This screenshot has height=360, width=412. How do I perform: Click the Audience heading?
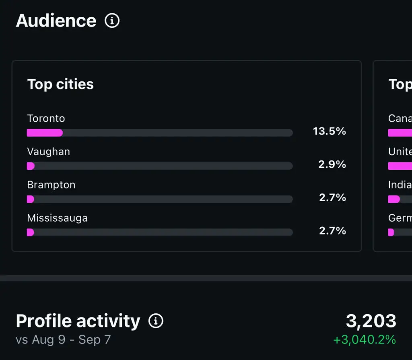pos(56,21)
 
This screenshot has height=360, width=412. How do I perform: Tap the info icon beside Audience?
pos(112,21)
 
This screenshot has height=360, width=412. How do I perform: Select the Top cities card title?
pos(60,84)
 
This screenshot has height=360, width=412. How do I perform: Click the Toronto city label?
pos(46,118)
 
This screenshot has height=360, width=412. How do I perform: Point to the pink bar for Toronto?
pos(45,133)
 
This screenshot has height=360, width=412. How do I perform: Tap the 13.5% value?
pos(329,131)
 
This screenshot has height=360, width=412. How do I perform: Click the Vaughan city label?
pos(48,152)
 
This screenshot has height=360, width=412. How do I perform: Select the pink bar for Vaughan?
pos(31,166)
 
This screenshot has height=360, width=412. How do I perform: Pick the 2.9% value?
pos(332,164)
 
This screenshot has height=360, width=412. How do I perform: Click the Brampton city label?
pos(51,185)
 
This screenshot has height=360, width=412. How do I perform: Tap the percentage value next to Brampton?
pos(332,197)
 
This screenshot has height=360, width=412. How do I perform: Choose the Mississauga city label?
pos(57,218)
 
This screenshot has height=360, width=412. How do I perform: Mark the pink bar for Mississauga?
pos(30,232)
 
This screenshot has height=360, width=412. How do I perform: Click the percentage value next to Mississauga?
pos(332,230)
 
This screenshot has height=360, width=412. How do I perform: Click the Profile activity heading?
pos(78,321)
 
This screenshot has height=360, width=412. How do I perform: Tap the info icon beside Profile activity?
pos(156,321)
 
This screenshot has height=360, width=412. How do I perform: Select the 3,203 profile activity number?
pos(371,321)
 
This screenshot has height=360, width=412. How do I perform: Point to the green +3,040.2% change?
pos(364,340)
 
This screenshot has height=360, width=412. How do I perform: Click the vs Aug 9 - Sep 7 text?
pos(63,340)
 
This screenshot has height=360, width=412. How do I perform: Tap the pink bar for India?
pos(393,199)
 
